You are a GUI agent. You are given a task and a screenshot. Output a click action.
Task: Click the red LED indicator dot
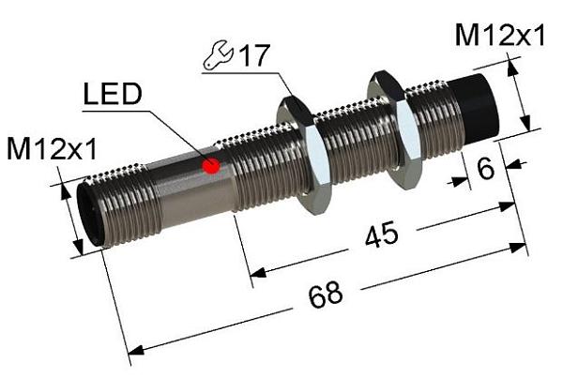[x=212, y=167]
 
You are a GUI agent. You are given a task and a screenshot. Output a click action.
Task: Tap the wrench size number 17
[x=250, y=56]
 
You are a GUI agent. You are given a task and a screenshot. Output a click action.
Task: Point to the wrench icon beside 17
[x=217, y=59]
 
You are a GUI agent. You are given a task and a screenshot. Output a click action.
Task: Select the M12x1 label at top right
[x=499, y=36]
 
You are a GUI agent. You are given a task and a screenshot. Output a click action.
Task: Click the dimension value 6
[x=485, y=170]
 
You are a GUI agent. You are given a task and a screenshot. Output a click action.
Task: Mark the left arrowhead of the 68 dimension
[x=134, y=351]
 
